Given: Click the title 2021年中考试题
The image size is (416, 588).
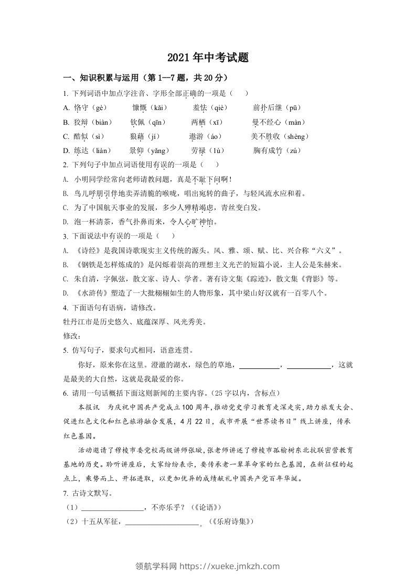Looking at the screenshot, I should pyautogui.click(x=208, y=58).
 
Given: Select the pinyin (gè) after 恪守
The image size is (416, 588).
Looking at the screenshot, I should pyautogui.click(x=98, y=108).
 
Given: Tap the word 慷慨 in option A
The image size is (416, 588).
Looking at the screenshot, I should pyautogui.click(x=138, y=108).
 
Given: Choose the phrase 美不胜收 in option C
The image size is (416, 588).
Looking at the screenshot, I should pyautogui.click(x=266, y=137).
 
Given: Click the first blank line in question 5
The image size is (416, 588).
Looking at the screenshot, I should pyautogui.click(x=259, y=365).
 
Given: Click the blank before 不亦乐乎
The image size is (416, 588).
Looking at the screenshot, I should pyautogui.click(x=113, y=508).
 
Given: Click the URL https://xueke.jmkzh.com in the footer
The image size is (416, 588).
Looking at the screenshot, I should pyautogui.click(x=230, y=566).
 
